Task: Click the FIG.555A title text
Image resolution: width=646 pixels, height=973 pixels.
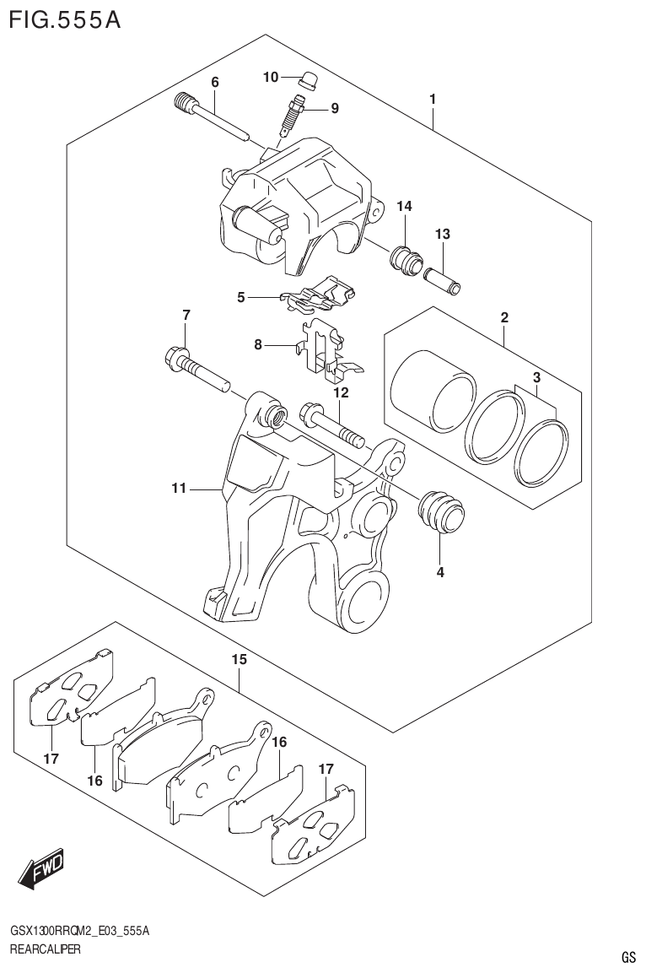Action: pyautogui.click(x=63, y=19)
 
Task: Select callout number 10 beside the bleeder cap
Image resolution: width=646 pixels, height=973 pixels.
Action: pyautogui.click(x=270, y=78)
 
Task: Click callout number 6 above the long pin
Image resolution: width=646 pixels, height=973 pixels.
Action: pyautogui.click(x=215, y=82)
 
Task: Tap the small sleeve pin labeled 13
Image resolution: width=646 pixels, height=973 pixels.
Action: pyautogui.click(x=443, y=279)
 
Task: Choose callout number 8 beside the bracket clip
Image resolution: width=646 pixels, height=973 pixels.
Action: pyautogui.click(x=259, y=344)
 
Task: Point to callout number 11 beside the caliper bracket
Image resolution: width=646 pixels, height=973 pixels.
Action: pyautogui.click(x=178, y=488)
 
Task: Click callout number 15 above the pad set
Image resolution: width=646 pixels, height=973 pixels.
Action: pyautogui.click(x=240, y=659)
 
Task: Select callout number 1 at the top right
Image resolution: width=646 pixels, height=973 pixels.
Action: pyautogui.click(x=432, y=100)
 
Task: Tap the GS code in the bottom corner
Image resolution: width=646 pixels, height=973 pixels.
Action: pyautogui.click(x=628, y=957)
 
